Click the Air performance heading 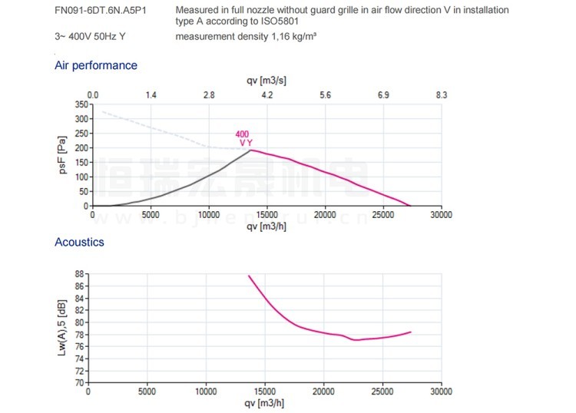click(96, 65)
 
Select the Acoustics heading click(79, 242)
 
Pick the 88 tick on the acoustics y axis click(79, 273)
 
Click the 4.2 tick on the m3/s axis click(267, 94)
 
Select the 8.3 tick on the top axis click(441, 94)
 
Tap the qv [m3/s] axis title click(266, 81)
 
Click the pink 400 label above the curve click(242, 134)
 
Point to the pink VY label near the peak click(246, 143)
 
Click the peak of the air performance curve click(250, 150)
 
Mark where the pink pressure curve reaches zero click(412, 206)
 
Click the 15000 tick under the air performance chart click(266, 215)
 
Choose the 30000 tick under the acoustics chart click(440, 392)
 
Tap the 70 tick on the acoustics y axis click(79, 382)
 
